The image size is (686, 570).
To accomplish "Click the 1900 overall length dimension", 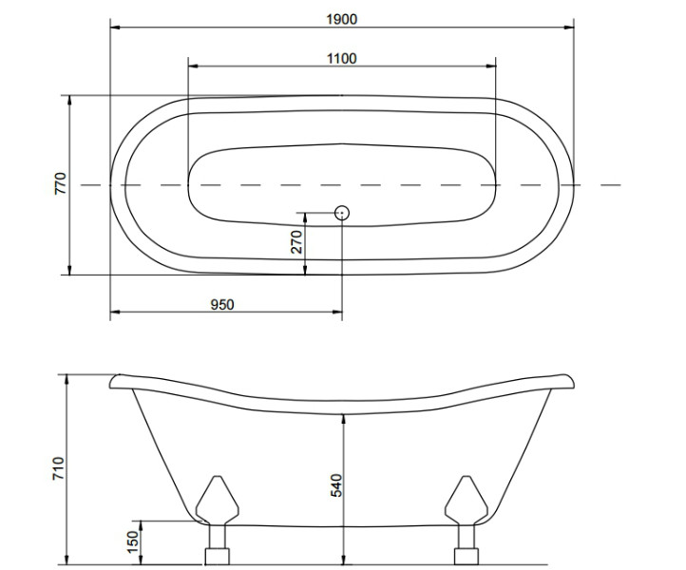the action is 342,19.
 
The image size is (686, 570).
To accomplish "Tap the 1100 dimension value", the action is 342,58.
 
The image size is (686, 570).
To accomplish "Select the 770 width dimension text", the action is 61,183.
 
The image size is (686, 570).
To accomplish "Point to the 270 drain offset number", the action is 296,242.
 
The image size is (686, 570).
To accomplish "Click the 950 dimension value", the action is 222,304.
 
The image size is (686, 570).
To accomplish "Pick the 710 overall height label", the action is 59,469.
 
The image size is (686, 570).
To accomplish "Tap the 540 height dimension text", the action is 336,485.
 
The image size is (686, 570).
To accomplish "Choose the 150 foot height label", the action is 133,542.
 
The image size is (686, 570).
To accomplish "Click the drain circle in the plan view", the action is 342,213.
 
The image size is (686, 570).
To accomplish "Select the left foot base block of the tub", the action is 217,557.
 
